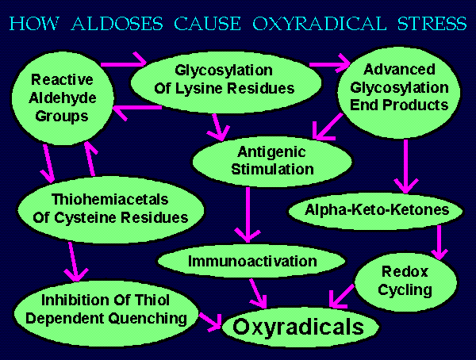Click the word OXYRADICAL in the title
[x=320, y=24]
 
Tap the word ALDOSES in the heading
[x=117, y=24]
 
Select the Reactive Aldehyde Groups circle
[x=63, y=98]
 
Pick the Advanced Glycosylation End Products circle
[x=399, y=92]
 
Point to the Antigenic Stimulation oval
[x=272, y=161]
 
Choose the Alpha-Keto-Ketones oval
[x=376, y=210]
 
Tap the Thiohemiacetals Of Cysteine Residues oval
[x=111, y=209]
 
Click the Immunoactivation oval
[x=251, y=261]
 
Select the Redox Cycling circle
[x=405, y=281]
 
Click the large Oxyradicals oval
[x=299, y=327]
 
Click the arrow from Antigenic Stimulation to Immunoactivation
[x=248, y=214]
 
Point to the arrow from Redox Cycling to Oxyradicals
[x=342, y=297]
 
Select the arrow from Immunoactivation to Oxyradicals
[x=257, y=293]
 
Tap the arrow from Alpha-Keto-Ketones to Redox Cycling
[x=440, y=242]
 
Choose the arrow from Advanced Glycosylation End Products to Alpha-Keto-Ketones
[x=406, y=166]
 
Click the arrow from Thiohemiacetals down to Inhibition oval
[x=74, y=261]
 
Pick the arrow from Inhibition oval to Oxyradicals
[x=210, y=322]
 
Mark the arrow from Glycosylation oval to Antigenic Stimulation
[x=217, y=127]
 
